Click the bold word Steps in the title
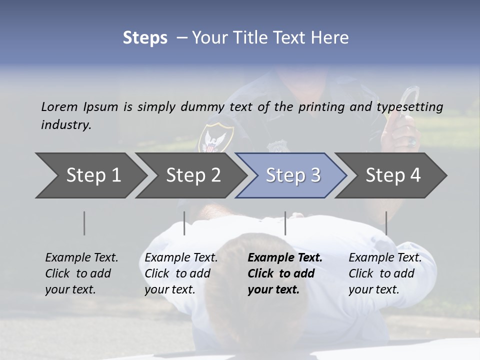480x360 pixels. point(145,38)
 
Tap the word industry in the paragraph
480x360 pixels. point(66,124)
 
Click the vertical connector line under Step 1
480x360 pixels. point(84,223)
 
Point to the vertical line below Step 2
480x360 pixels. point(184,223)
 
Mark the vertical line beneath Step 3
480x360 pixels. point(285,223)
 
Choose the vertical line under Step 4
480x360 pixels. point(386,223)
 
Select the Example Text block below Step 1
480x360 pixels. point(81,273)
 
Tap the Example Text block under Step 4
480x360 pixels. point(385,273)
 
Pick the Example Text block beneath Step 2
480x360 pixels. point(181,273)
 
